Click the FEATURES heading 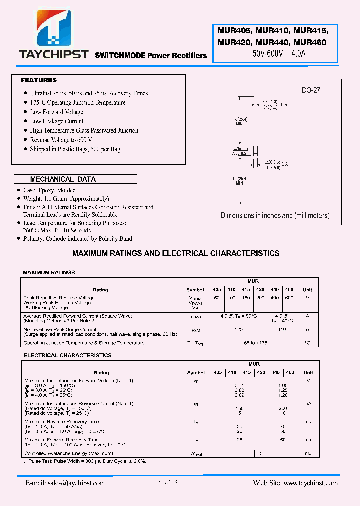pos(39,80)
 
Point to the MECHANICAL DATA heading pos(63,179)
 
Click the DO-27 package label pos(310,90)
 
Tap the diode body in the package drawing pos(255,151)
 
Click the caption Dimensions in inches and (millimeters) pos(275,216)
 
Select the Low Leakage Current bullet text pos(57,121)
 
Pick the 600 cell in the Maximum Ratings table pos(289,298)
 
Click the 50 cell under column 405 pos(217,298)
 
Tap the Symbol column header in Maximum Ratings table pos(195,290)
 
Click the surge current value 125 pos(239,330)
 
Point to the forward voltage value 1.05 pos(282,385)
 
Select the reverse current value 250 pos(282,408)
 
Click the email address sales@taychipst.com pos(66,483)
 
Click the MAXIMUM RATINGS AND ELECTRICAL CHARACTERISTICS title pos(176,253)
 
